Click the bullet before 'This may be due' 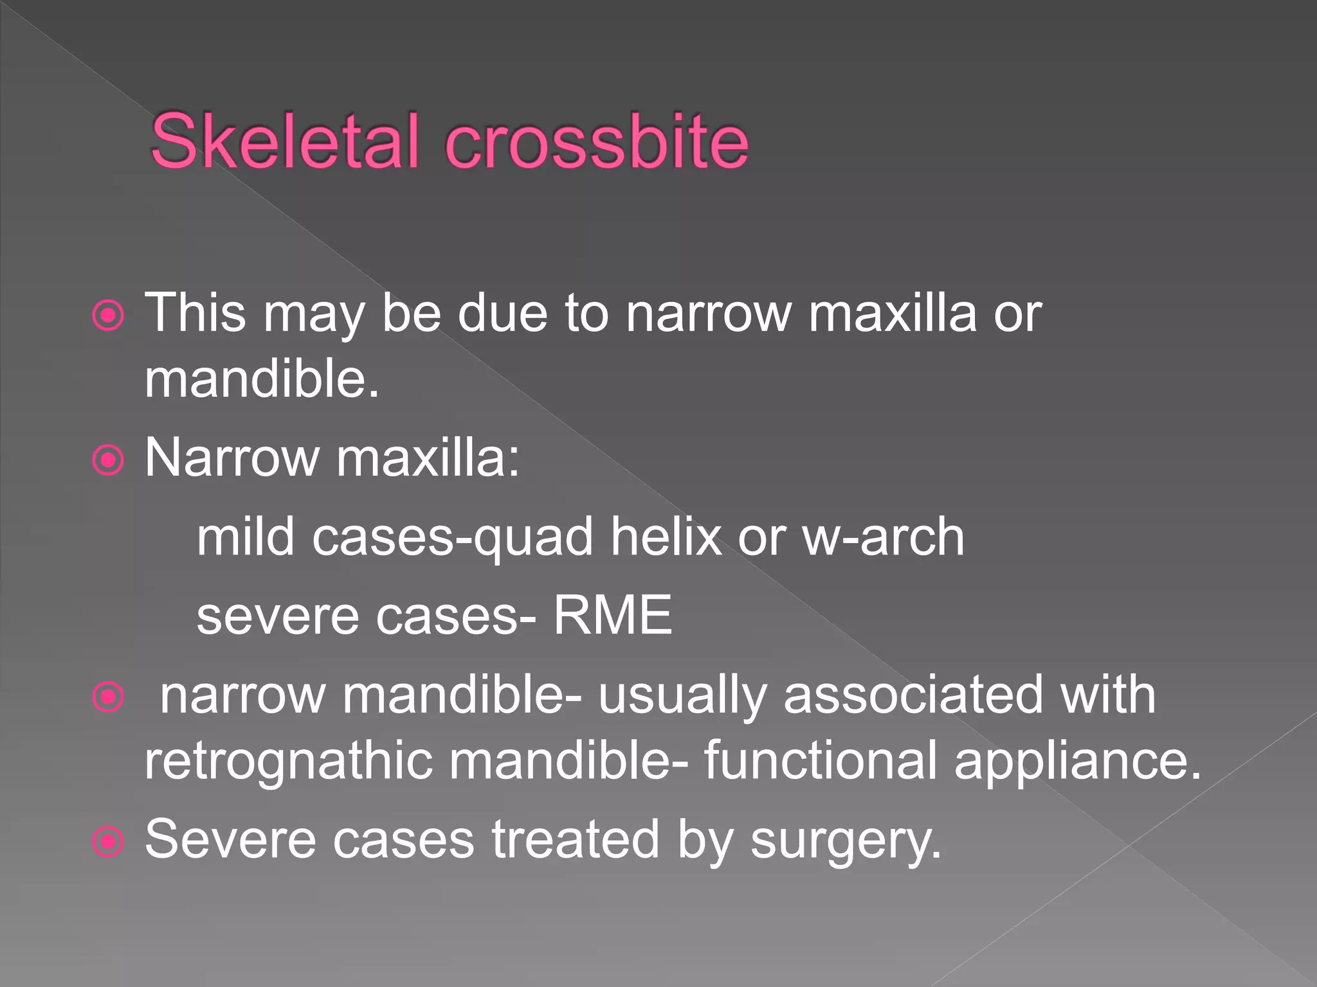pos(108,316)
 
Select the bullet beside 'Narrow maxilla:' pos(108,460)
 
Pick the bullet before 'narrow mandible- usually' pos(108,697)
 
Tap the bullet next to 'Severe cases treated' pos(108,841)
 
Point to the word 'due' pos(502,313)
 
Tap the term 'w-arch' pos(884,537)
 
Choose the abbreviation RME pos(613,616)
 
